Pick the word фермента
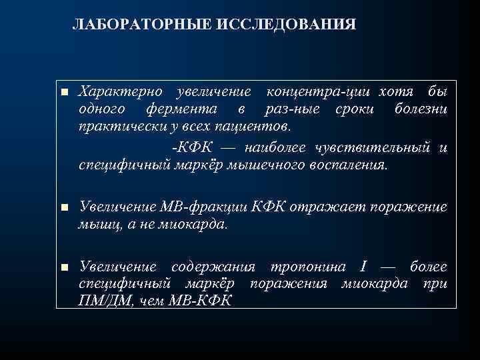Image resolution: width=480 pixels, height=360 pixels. pos(180,109)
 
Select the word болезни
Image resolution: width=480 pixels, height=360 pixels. pos(420,109)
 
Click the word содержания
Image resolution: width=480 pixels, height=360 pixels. pos(213,267)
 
